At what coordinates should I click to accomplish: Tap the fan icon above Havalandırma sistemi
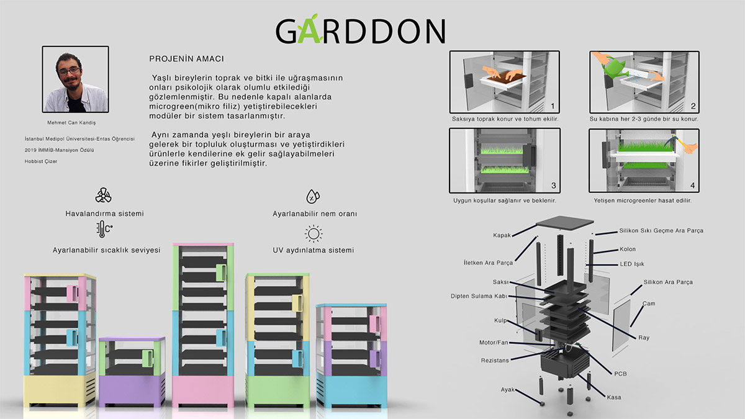(104, 196)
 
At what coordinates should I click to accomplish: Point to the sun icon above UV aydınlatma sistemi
(314, 234)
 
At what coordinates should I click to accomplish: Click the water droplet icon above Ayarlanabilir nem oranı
(314, 197)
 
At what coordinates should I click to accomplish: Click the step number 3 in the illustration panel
(553, 185)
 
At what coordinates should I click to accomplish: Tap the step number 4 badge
(692, 185)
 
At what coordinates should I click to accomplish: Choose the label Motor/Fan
(495, 342)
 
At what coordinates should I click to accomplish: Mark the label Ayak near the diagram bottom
(508, 390)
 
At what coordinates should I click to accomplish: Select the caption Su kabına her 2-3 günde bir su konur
(644, 119)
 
